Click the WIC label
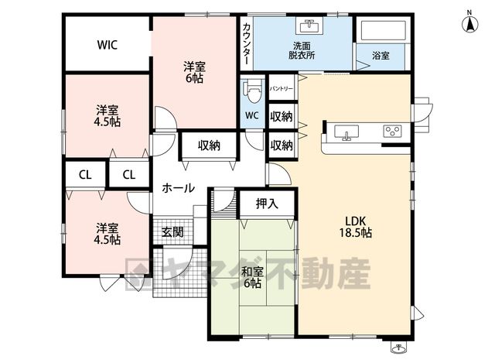108,45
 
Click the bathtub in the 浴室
383,30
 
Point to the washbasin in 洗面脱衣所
309,26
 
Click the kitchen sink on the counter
346,132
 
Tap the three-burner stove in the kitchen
393,131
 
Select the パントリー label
282,89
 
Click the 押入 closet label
267,204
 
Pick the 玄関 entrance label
172,232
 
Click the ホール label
178,188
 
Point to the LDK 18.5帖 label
356,227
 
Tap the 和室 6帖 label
253,277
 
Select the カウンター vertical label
247,43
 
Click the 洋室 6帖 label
194,72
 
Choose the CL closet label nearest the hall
129,175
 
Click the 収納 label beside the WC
282,117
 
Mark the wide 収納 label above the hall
209,146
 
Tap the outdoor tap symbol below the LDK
398,348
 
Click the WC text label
252,115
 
